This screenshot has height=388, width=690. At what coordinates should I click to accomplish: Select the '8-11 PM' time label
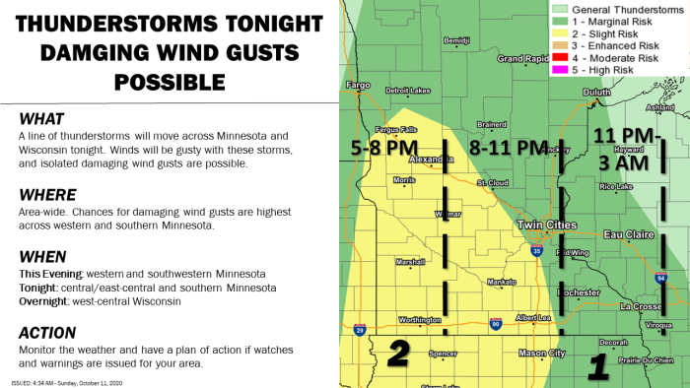coord(508,148)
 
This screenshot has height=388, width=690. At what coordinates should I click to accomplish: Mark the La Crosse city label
coord(639,306)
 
